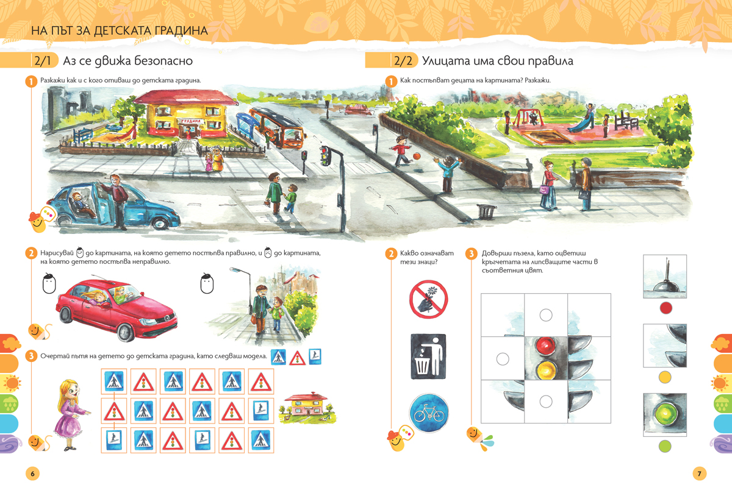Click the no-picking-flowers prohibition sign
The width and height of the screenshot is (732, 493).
pyautogui.click(x=428, y=299)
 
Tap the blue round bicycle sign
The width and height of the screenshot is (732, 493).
pyautogui.click(x=429, y=413)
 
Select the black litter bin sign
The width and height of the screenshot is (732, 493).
pyautogui.click(x=428, y=356)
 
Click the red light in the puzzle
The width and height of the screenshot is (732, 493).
pyautogui.click(x=546, y=346)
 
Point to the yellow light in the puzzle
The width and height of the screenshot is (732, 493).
pyautogui.click(x=546, y=369)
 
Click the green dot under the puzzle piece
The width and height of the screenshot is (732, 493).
pyautogui.click(x=665, y=446)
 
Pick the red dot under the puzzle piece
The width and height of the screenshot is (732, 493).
pyautogui.click(x=666, y=308)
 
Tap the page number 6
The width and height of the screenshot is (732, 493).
pyautogui.click(x=32, y=473)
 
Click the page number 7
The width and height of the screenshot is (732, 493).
pyautogui.click(x=699, y=473)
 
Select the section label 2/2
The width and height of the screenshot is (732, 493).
pyautogui.click(x=403, y=61)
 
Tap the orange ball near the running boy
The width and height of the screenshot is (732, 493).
pyautogui.click(x=416, y=156)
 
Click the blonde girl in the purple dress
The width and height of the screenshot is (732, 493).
pyautogui.click(x=70, y=414)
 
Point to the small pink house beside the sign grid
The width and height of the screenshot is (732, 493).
pyautogui.click(x=306, y=407)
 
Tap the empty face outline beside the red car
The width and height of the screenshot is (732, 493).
pyautogui.click(x=49, y=283)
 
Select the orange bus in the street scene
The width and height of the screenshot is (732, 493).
pyautogui.click(x=278, y=128)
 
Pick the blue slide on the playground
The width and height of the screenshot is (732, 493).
pyautogui.click(x=580, y=122)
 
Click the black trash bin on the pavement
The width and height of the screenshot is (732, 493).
pyautogui.click(x=486, y=211)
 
